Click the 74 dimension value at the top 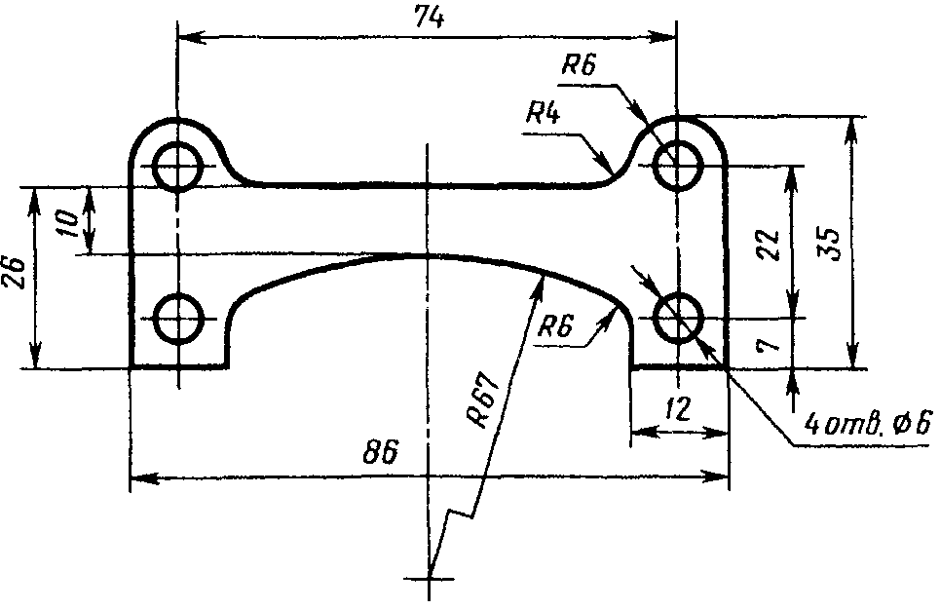point(430,18)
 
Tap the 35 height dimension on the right point(831,244)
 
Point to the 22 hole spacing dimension point(768,245)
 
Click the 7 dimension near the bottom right point(768,345)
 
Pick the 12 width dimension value point(678,409)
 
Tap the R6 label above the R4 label point(580,65)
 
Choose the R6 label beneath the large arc point(556,327)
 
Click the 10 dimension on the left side point(69,223)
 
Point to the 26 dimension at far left point(15,274)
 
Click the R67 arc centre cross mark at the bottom point(430,579)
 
